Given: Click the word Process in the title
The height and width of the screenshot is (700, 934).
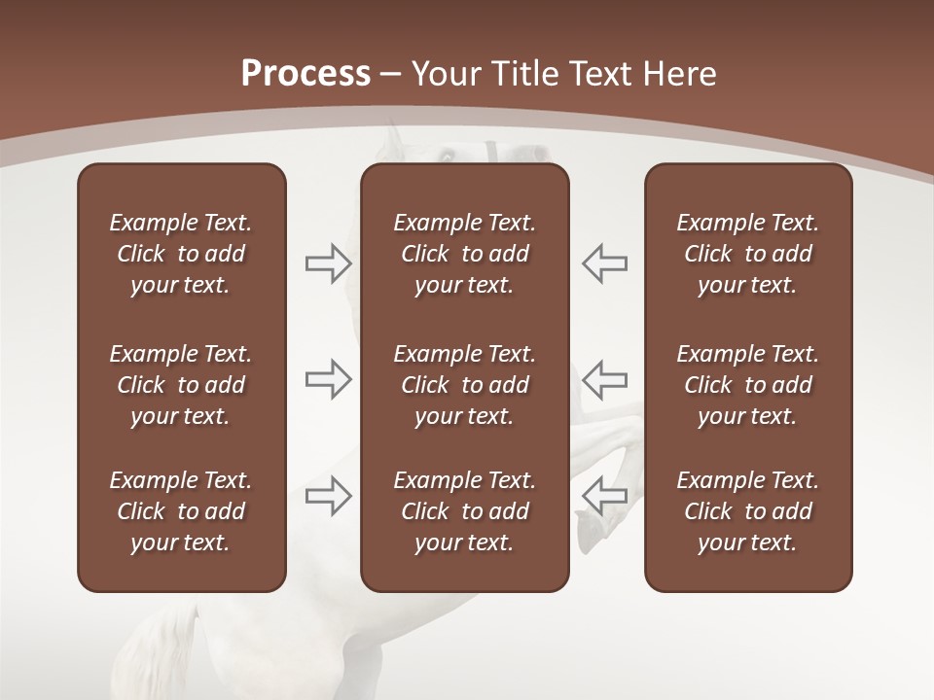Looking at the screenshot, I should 305,74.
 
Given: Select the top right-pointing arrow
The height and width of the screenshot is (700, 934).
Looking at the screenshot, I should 328,263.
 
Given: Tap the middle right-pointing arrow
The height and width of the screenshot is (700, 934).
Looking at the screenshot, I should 328,379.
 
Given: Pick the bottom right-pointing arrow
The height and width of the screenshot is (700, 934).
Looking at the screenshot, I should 328,496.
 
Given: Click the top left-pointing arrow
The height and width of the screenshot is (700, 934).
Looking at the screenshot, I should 604,263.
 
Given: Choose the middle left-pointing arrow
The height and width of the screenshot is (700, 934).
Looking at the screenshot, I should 604,379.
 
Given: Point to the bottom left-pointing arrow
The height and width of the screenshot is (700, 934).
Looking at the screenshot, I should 604,496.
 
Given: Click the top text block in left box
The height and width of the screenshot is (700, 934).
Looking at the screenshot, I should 181,254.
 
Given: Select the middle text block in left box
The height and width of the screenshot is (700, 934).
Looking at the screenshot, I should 181,385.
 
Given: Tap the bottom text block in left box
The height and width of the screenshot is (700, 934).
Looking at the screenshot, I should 181,511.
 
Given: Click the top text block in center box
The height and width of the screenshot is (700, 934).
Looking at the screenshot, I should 464,254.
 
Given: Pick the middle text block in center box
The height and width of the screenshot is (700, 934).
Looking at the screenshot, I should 464,385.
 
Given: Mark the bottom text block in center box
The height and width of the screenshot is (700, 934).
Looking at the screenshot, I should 464,511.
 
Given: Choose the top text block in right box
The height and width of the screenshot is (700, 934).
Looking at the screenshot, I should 747,254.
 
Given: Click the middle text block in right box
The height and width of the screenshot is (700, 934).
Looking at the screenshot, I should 747,385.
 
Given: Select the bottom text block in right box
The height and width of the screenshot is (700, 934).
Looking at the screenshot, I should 747,511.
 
